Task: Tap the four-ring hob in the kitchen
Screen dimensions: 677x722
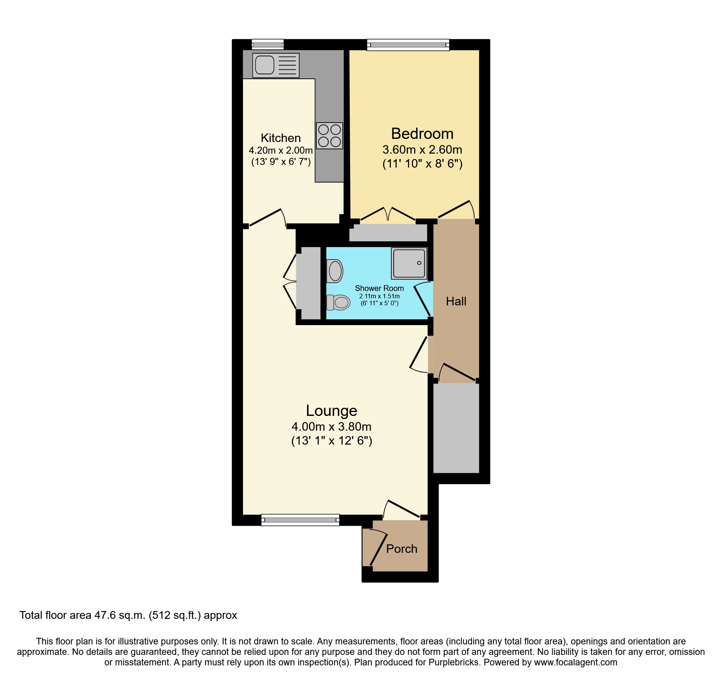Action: pos(330,136)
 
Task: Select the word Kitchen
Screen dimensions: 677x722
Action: pos(281,138)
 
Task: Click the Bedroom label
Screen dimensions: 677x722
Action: pos(422,134)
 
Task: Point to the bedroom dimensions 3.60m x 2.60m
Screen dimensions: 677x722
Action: pos(422,150)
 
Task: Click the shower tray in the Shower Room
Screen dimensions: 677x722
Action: pos(409,263)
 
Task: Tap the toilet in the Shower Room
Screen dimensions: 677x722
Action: pos(339,302)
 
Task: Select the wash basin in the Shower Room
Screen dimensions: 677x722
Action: pos(335,271)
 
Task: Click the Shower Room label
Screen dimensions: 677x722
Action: pos(379,288)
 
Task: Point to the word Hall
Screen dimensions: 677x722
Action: pos(456,301)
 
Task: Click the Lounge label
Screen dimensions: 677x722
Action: pos(331,411)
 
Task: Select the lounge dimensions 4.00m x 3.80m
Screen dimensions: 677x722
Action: pos(331,427)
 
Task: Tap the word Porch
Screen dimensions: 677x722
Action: pos(402,549)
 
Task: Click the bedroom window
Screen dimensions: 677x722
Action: pos(408,45)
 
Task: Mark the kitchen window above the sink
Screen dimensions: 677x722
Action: pos(267,45)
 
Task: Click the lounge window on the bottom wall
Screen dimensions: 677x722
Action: pos(300,520)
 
